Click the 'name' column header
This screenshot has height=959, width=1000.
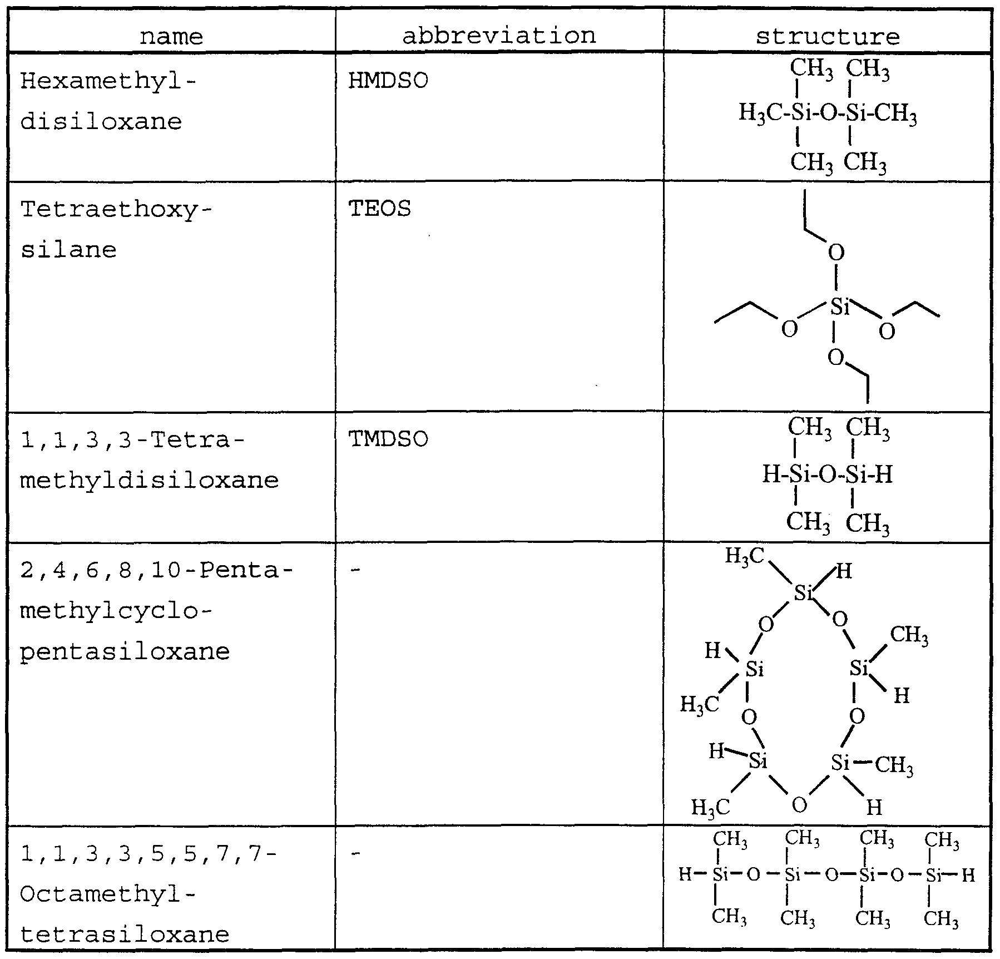(x=171, y=37)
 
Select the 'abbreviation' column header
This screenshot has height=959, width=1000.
(x=499, y=36)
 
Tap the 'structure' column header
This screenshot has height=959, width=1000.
(x=827, y=37)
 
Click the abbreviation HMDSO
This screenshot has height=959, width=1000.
(x=388, y=81)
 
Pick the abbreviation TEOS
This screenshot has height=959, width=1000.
(x=380, y=209)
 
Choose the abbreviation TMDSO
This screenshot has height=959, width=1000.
(x=388, y=439)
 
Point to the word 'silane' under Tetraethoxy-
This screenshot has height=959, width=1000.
(x=68, y=250)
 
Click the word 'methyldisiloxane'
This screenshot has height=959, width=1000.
(x=150, y=480)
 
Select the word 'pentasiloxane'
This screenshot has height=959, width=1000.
(x=125, y=652)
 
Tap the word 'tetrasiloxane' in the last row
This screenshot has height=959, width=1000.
(x=125, y=934)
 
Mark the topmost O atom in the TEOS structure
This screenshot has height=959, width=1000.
(x=836, y=253)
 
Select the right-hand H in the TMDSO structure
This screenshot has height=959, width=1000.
(x=884, y=474)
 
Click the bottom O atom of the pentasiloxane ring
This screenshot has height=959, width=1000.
(x=799, y=805)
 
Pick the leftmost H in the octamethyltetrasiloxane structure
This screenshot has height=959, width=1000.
(x=685, y=875)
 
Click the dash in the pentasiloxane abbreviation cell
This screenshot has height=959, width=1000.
(x=357, y=571)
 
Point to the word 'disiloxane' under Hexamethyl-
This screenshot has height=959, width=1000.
(x=101, y=121)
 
